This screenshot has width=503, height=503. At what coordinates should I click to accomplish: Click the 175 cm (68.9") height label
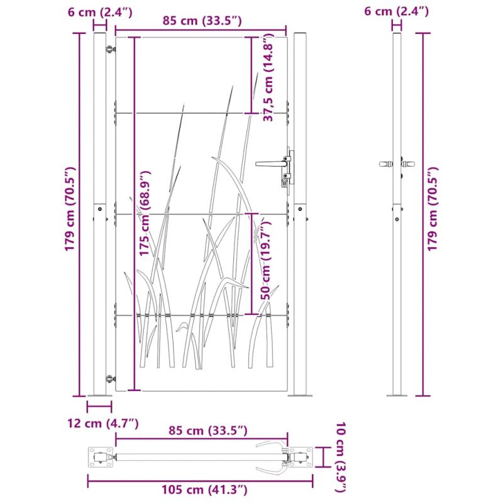145,213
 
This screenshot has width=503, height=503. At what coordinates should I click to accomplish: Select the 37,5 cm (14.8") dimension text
268,78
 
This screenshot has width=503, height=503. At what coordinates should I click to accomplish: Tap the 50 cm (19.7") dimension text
266,259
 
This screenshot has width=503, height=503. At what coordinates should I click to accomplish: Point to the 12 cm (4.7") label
103,423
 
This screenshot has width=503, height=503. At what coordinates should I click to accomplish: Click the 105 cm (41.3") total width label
204,490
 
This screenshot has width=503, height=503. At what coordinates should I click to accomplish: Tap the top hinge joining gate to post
111,49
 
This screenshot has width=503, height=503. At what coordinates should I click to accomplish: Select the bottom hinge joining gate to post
111,379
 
